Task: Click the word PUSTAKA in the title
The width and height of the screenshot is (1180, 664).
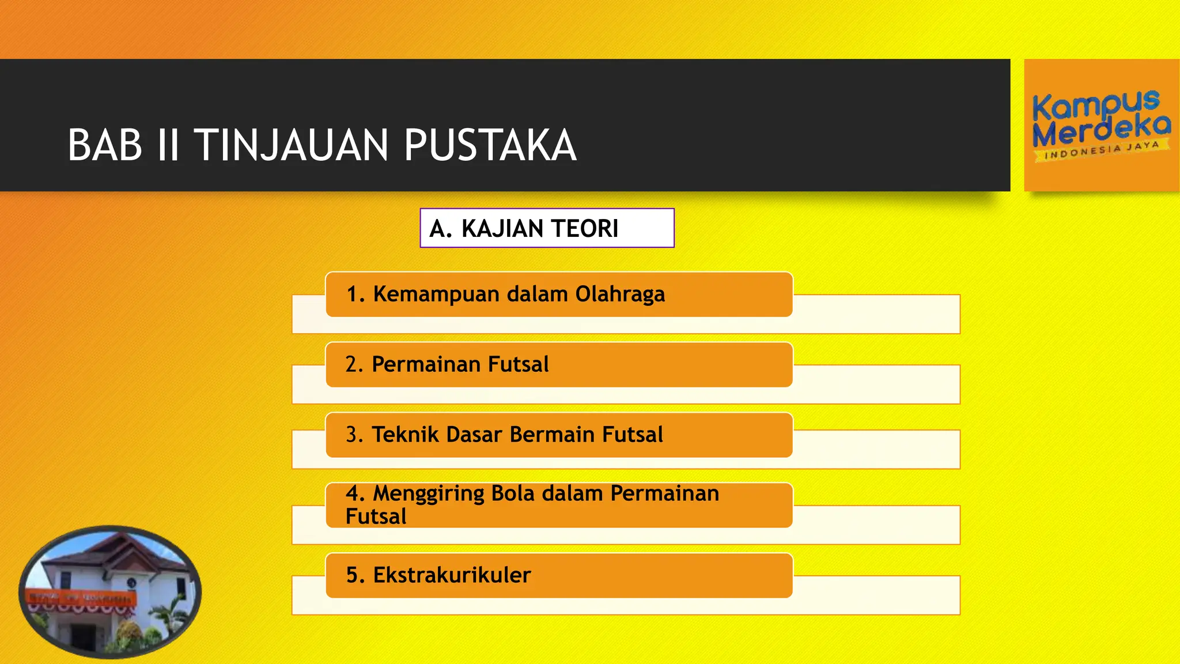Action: click(x=490, y=145)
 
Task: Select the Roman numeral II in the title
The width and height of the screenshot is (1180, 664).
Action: click(x=168, y=145)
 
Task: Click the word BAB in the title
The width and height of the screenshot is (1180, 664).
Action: click(x=105, y=145)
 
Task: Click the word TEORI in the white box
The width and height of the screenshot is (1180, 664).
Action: click(x=588, y=229)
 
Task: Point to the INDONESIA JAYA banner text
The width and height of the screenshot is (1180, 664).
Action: click(x=1101, y=150)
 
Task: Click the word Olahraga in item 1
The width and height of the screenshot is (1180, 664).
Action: click(x=620, y=295)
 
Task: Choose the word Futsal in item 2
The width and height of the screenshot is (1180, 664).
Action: click(x=518, y=364)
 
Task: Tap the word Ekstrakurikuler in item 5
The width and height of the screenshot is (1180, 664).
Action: click(x=452, y=575)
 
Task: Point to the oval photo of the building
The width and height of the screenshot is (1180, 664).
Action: click(x=110, y=592)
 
